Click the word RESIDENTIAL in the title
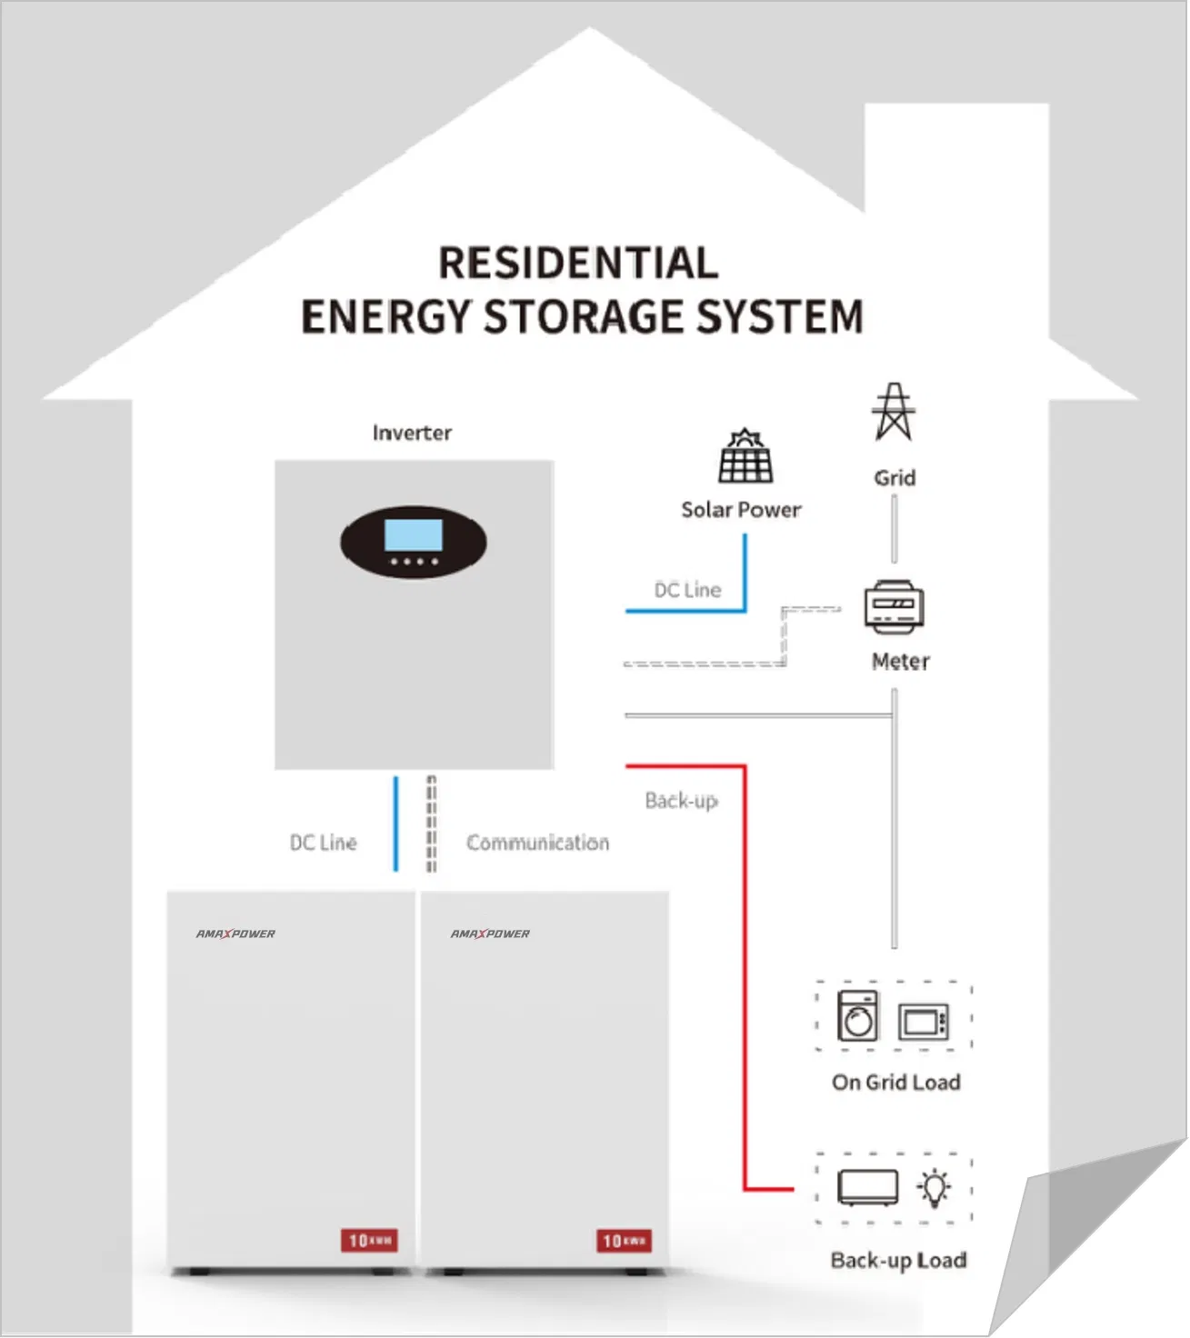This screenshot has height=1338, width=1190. click(578, 264)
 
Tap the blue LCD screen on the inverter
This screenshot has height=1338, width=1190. click(414, 535)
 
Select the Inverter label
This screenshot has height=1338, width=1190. click(412, 433)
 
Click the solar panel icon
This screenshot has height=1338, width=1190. click(745, 457)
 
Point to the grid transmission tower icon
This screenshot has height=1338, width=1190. click(894, 413)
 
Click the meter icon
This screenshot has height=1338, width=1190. click(894, 607)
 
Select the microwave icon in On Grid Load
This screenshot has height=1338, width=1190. click(924, 1022)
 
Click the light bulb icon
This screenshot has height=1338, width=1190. click(934, 1187)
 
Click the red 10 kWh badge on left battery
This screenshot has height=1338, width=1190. click(369, 1240)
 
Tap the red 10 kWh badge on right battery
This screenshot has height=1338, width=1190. click(624, 1240)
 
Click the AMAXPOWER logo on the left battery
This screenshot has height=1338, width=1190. click(235, 934)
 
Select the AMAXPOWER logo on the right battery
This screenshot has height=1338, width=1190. click(490, 934)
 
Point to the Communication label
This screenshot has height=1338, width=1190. click(537, 843)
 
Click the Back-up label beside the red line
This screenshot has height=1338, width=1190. click(681, 801)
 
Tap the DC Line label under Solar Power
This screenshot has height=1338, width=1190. click(687, 590)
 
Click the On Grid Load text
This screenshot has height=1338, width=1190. click(895, 1082)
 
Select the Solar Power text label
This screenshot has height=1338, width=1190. click(741, 510)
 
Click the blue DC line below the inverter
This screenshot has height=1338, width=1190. click(395, 824)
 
